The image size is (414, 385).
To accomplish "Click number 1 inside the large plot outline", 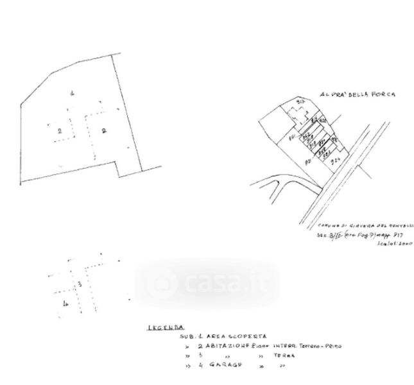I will click(73, 94).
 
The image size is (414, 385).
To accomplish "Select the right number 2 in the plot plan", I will click(103, 130).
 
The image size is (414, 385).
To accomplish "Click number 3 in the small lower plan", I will click(78, 282).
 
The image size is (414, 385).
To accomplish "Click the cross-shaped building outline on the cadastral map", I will click(296, 116).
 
